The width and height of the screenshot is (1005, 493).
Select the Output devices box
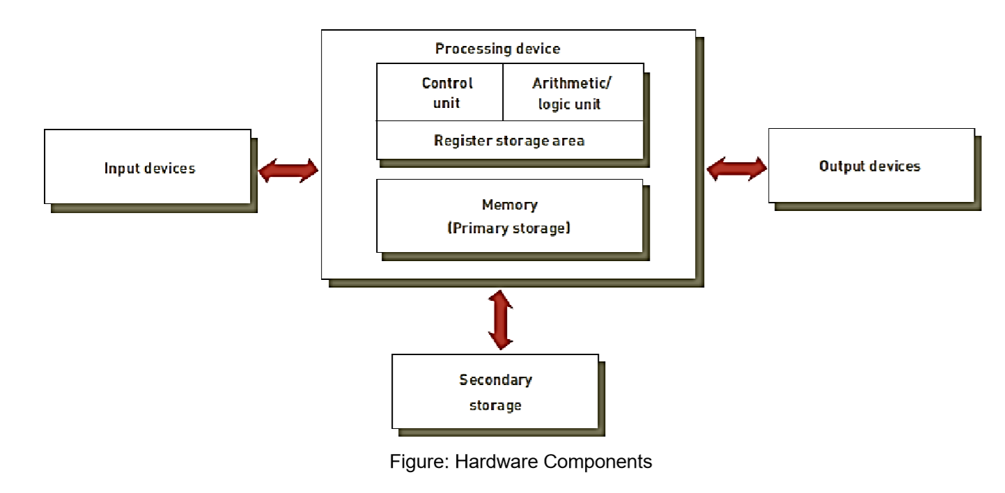coord(871,165)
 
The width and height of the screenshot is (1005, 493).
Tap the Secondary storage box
coord(495,391)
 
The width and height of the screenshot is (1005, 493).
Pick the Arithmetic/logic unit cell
coord(572,93)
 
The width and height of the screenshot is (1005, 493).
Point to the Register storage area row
coord(509,141)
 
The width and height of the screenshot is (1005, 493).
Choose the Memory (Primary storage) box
coord(509,216)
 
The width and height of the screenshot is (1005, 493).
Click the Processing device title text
coord(497,49)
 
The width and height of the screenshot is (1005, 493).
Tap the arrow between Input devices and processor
coord(288,169)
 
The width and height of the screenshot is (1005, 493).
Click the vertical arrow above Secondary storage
coord(501,320)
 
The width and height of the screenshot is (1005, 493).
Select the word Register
coord(460,141)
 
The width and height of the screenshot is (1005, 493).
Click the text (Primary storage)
coord(509,228)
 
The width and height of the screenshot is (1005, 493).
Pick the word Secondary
coord(495,380)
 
